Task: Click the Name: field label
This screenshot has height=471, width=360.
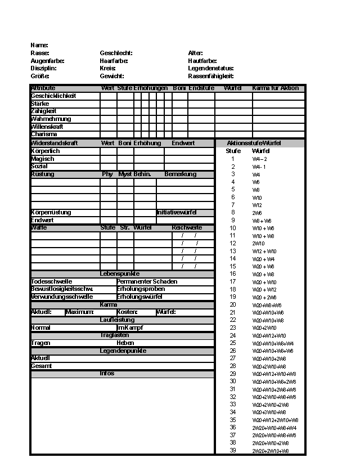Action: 39,45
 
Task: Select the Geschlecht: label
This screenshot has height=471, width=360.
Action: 116,53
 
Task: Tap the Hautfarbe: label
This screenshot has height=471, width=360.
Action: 202,61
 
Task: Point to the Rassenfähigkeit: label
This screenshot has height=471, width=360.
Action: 211,76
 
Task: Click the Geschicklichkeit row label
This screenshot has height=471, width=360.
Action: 53,96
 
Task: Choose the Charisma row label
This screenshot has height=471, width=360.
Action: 44,134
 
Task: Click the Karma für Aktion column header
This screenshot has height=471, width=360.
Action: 276,88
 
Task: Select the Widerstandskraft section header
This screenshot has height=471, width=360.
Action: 55,143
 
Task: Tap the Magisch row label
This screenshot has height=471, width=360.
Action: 43,159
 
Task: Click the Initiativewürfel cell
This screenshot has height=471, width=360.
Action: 177,213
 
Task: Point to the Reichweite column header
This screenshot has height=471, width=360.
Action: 187,228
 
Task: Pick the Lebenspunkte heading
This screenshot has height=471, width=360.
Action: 120,273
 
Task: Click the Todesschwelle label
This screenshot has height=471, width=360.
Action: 52,281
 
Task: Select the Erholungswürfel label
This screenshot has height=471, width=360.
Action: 140,297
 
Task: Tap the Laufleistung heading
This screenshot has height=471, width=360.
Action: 117,320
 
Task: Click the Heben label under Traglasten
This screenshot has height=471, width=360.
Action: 125,343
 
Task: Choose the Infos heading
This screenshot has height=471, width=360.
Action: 107,374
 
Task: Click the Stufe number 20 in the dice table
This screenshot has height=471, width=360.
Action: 233,304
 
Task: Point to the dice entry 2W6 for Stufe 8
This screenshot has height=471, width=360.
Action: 257,213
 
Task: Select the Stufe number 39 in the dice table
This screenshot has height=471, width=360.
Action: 233,450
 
